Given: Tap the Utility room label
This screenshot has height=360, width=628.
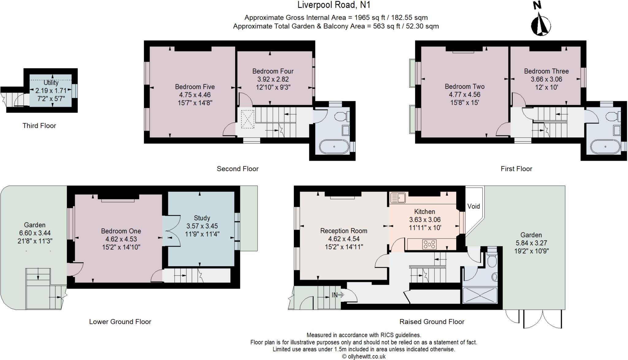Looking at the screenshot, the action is [51, 83].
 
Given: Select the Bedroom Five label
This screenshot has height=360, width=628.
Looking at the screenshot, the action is [195, 87].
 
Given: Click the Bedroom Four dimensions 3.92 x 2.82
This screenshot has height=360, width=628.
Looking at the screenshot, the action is [273, 79].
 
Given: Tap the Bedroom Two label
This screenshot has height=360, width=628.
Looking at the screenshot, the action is [465, 86].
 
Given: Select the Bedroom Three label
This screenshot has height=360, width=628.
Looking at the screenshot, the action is [546, 71].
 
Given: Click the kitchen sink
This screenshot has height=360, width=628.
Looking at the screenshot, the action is [398, 198].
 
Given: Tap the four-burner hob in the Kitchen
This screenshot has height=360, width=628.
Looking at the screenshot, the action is [429, 244].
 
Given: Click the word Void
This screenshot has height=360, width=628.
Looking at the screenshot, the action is [473, 206].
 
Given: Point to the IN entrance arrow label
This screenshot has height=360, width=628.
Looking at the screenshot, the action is [338, 295].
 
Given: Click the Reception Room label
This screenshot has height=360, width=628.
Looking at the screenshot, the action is [343, 231].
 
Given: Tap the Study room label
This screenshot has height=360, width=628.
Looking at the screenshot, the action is [202, 218].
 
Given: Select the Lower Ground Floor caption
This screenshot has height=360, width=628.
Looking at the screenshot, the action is [120, 322].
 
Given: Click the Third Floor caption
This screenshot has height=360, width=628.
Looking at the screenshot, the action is [39, 126].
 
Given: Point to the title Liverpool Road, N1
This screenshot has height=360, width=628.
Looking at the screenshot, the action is [334, 5].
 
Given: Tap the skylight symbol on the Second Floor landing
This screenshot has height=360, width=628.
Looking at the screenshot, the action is [247, 119].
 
